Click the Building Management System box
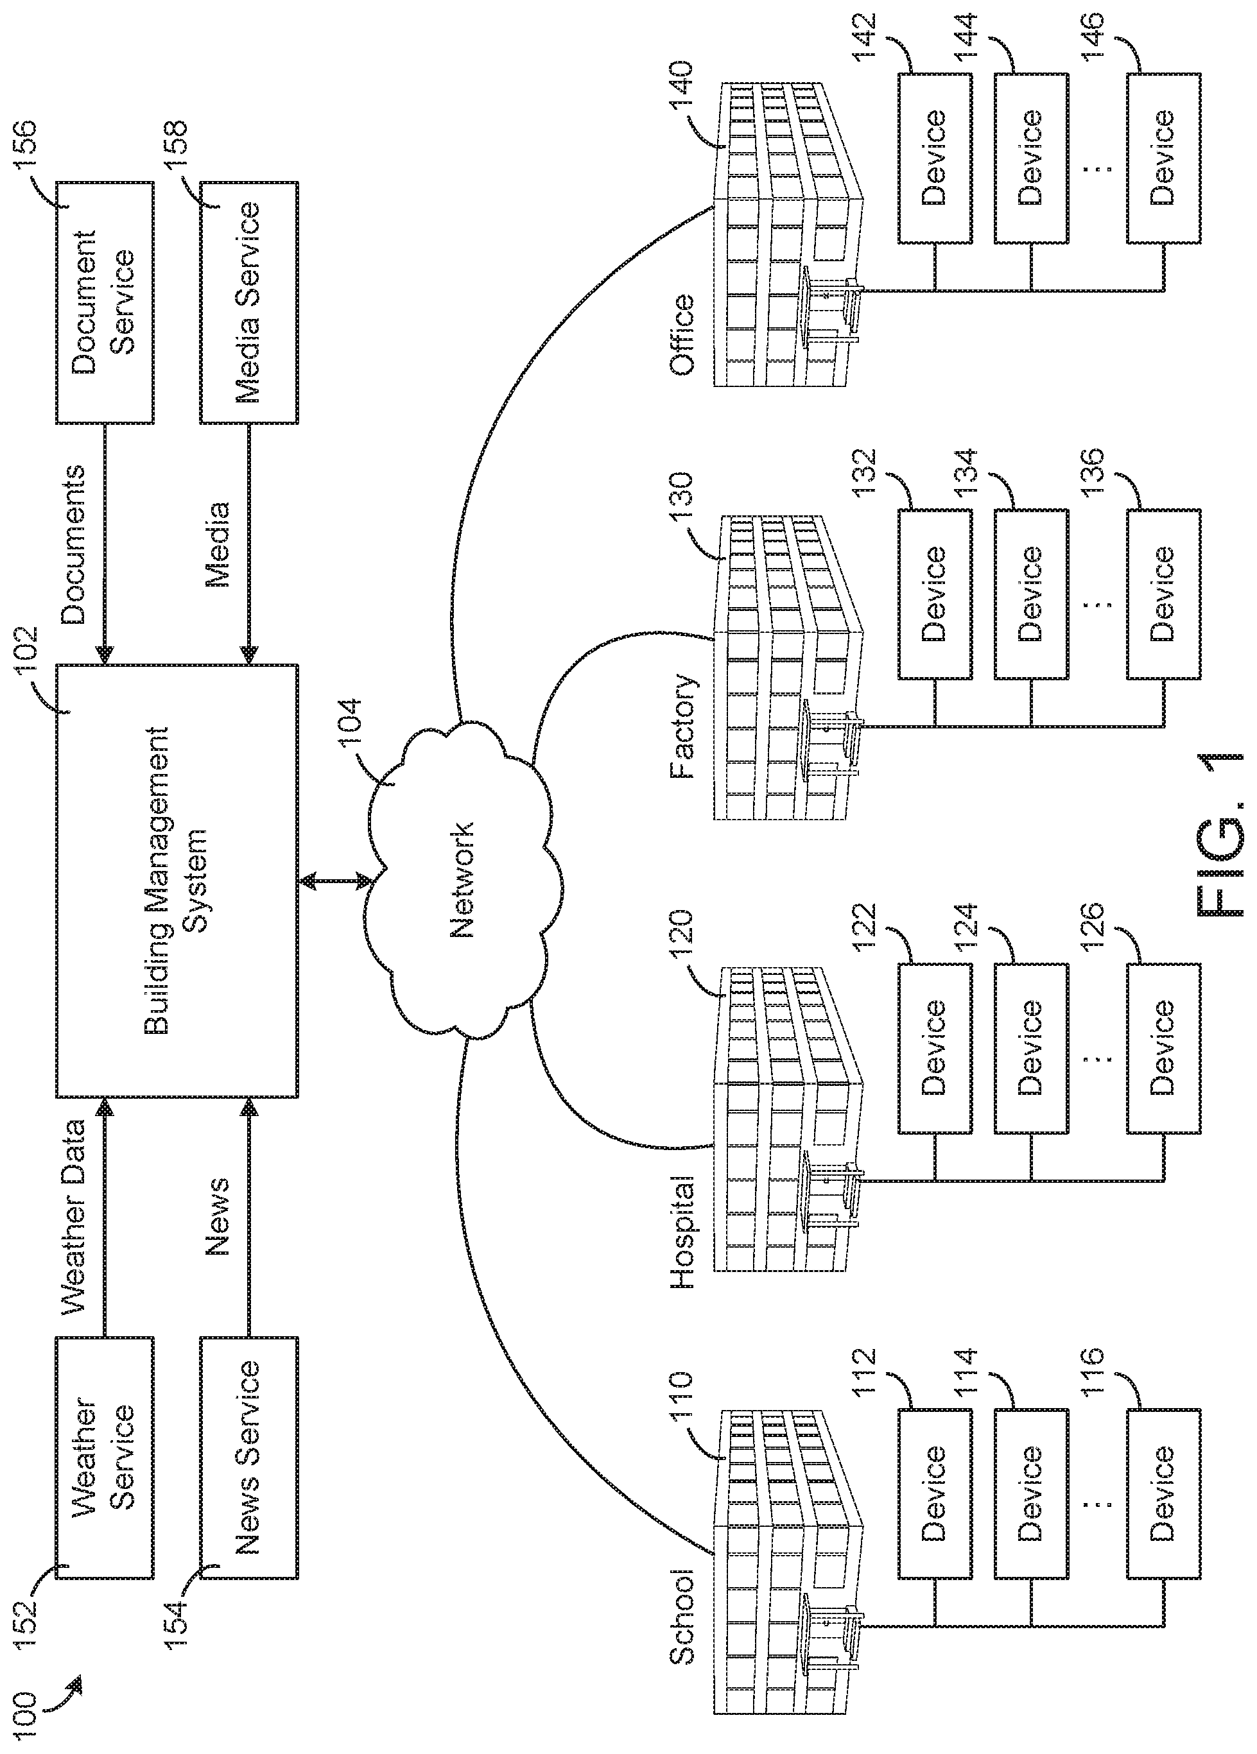(x=177, y=880)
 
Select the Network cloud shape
(x=462, y=880)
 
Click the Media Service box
(x=248, y=302)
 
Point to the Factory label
(x=684, y=725)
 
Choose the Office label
(x=684, y=334)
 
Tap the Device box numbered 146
(x=1163, y=158)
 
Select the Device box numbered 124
(x=1030, y=1048)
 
